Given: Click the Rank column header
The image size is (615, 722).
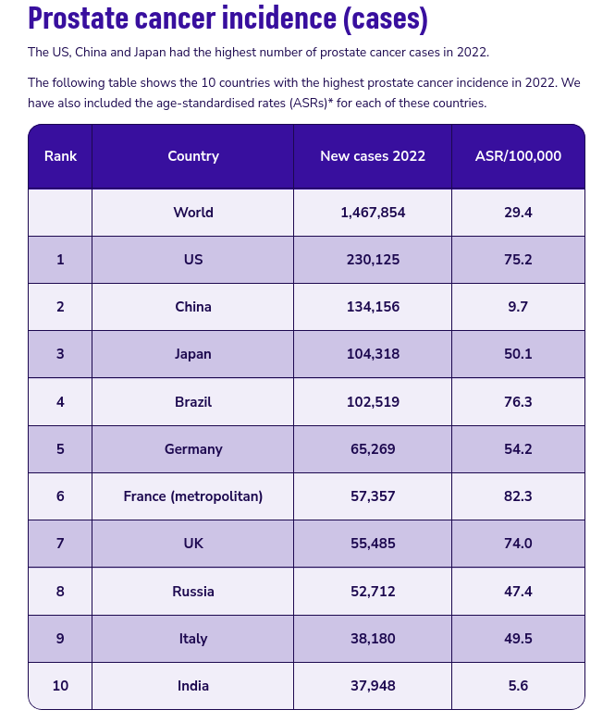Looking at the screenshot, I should [x=60, y=156].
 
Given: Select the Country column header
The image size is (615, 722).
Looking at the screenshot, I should [x=193, y=156].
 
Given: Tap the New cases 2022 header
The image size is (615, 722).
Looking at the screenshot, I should [x=373, y=156].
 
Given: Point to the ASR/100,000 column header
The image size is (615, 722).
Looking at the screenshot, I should [x=518, y=156].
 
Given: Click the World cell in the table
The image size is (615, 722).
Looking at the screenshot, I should [x=193, y=213].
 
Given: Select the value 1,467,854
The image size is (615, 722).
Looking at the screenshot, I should [x=373, y=213].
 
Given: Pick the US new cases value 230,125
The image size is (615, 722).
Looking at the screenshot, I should [x=373, y=260].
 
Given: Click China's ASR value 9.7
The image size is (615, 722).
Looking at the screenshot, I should [x=518, y=307].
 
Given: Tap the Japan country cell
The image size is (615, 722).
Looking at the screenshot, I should [x=193, y=354].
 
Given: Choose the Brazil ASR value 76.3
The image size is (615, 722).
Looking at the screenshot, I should [x=518, y=401].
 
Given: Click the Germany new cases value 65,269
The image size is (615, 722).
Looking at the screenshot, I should [x=373, y=449].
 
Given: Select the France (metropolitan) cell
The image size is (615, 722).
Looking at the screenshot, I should [x=193, y=496].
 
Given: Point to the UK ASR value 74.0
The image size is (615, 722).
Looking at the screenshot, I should [x=518, y=544].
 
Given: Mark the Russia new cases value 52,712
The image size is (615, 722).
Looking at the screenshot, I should [x=373, y=591].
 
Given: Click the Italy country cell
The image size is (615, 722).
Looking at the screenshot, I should [x=193, y=639].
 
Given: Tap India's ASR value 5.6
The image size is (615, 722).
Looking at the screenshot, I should [x=518, y=686].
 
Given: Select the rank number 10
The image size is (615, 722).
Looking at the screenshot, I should [x=60, y=686].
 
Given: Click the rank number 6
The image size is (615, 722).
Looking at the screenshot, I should [x=60, y=496].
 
